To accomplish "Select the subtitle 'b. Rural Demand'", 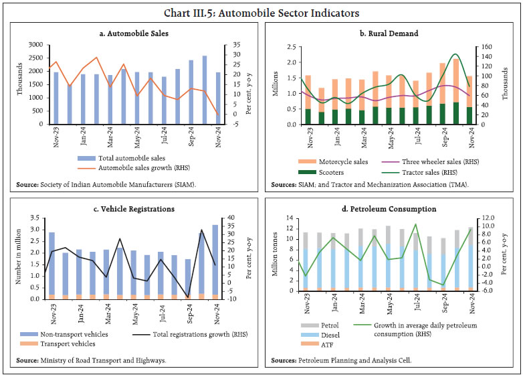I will pos(391,32).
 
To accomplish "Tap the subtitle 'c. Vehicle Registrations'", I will pos(131,208).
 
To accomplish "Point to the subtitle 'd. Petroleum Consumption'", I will pos(391,208).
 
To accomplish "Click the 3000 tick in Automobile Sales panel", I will pos(32,45).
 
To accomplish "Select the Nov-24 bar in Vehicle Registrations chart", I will pos(215,261).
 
